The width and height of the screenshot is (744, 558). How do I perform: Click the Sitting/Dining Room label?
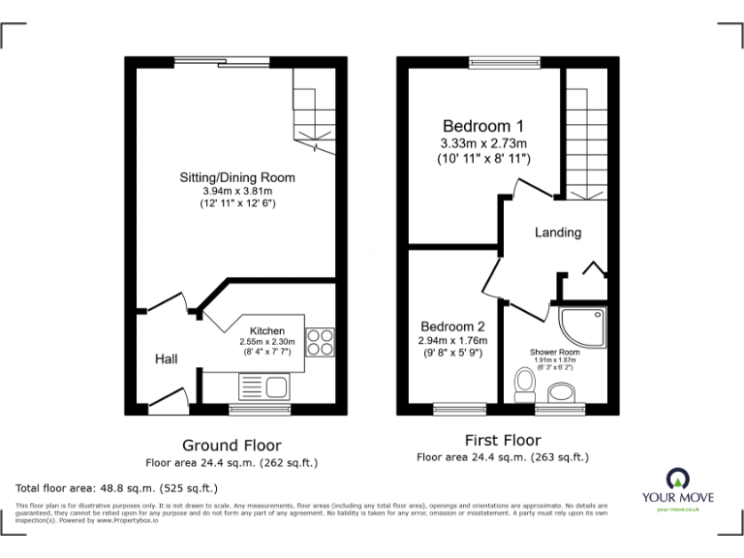[236, 177]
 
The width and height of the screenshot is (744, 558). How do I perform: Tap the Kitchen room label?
[266, 331]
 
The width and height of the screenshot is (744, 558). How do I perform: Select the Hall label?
[167, 359]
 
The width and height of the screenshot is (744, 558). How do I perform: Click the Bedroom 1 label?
[482, 126]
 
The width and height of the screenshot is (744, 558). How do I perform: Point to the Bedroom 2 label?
[452, 326]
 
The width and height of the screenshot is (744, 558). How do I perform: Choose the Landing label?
[558, 232]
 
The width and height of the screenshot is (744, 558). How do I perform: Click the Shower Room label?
[555, 352]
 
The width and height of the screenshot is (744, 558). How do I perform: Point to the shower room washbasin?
[561, 392]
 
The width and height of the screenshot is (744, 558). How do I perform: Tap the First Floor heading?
[502, 441]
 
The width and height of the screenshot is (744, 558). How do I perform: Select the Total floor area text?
[117, 488]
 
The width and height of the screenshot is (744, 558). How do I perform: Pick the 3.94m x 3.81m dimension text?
[236, 191]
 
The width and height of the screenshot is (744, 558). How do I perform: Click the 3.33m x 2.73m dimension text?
[482, 143]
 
